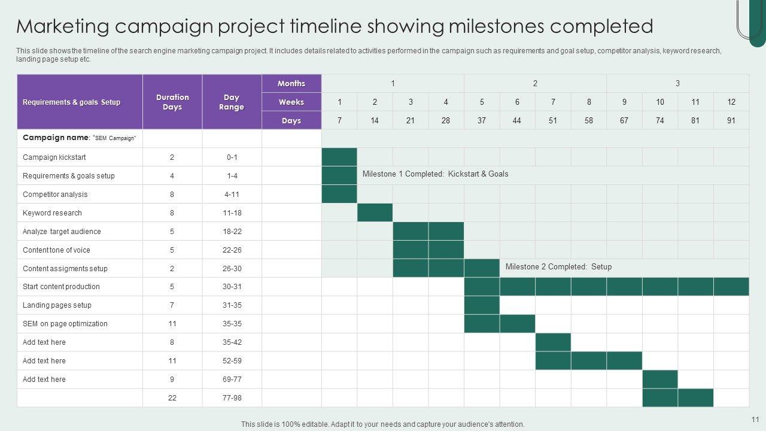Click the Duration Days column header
[x=172, y=102]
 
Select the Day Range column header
[x=232, y=102]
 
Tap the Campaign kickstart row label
[x=54, y=157]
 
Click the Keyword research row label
[x=53, y=213]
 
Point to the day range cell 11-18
[x=232, y=213]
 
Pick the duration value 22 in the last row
[x=172, y=398]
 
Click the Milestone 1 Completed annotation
[x=435, y=174]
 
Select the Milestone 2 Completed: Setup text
[x=558, y=267]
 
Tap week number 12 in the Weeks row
[x=731, y=102]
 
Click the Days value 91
[x=731, y=121]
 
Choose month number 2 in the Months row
[x=535, y=84]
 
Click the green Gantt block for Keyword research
[x=375, y=213]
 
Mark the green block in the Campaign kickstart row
[x=339, y=157]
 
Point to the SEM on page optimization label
[x=65, y=324]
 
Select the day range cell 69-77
[x=232, y=380]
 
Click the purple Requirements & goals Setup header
[x=71, y=102]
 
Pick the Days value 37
[x=482, y=121]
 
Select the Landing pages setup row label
[x=57, y=305]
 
